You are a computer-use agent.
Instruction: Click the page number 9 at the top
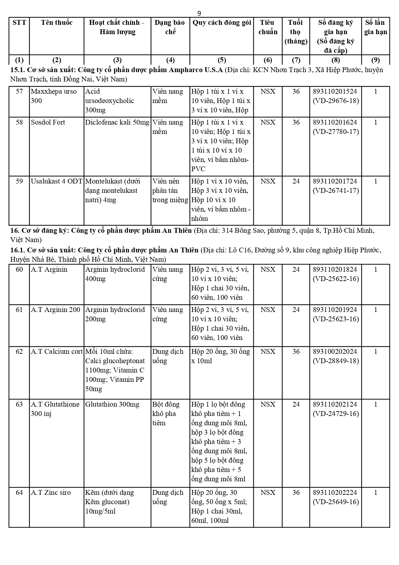coord(199,13)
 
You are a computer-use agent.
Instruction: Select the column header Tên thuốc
coord(57,23)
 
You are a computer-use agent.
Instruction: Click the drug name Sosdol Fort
coord(48,122)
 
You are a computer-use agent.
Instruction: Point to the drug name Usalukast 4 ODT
coord(57,181)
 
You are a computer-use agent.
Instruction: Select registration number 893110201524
coord(335,91)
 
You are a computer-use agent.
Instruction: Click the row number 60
coord(19,269)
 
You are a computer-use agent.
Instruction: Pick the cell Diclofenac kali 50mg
coord(117,122)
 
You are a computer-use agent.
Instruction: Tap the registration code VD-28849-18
coord(336,361)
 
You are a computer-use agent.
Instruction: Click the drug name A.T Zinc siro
coord(51,493)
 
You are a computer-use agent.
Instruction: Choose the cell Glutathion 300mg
coord(112,404)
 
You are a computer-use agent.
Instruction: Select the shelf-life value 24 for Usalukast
coord(296,181)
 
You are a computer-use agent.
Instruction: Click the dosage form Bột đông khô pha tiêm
coord(166,414)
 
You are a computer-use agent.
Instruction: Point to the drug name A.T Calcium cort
coord(57,352)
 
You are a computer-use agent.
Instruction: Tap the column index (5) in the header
coord(222,60)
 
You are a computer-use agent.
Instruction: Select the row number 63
coord(19,404)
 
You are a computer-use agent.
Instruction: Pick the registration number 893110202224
coord(335,493)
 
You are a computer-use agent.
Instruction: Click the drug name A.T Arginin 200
coord(56,310)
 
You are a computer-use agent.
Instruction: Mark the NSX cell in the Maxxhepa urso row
coord(268,91)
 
